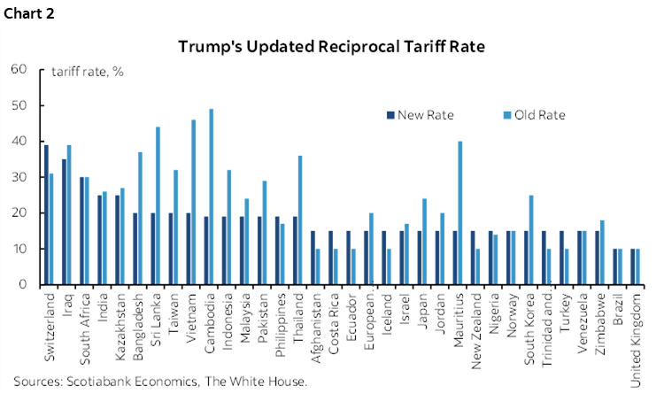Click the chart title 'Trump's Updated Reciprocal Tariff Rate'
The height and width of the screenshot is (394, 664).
[332, 46]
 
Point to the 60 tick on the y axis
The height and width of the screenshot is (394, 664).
[19, 69]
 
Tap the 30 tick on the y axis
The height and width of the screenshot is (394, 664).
[19, 177]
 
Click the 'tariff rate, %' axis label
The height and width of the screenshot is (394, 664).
[88, 72]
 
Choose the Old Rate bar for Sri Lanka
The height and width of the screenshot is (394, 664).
[158, 205]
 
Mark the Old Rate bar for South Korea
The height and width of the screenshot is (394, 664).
[530, 240]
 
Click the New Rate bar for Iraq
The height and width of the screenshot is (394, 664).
[64, 221]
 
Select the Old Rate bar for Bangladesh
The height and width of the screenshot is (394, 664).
[139, 218]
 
